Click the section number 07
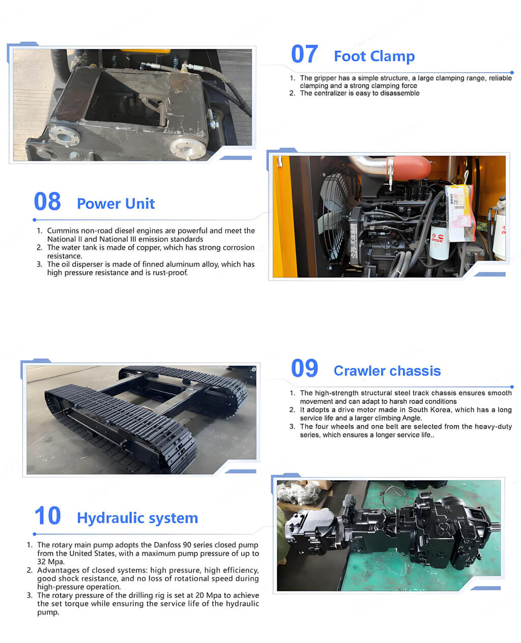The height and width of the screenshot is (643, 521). click(x=304, y=54)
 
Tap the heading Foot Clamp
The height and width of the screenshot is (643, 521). click(x=374, y=56)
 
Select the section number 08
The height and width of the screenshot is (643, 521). click(x=47, y=201)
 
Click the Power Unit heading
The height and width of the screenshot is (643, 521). click(x=115, y=203)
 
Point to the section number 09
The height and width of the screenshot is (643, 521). click(x=304, y=368)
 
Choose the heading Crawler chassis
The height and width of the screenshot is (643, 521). click(x=387, y=371)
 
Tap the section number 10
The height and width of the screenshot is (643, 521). click(x=48, y=516)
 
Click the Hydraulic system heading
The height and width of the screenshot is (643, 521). click(x=137, y=518)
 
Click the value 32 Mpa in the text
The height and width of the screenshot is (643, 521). click(x=51, y=562)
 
